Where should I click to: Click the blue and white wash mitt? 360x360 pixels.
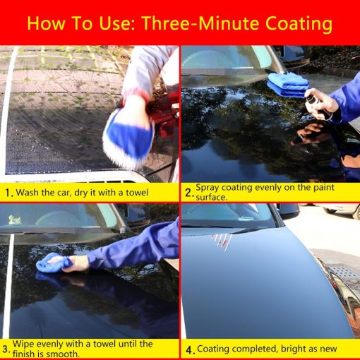click(x=128, y=136)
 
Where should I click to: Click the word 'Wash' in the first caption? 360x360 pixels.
click(x=29, y=191)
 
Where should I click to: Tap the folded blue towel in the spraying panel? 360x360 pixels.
click(x=287, y=85)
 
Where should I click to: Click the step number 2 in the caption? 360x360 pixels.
click(x=188, y=191)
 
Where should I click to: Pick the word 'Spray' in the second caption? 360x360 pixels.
click(x=209, y=188)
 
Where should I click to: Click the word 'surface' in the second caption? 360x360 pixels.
click(x=212, y=198)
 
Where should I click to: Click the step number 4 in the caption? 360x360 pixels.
click(x=188, y=349)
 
